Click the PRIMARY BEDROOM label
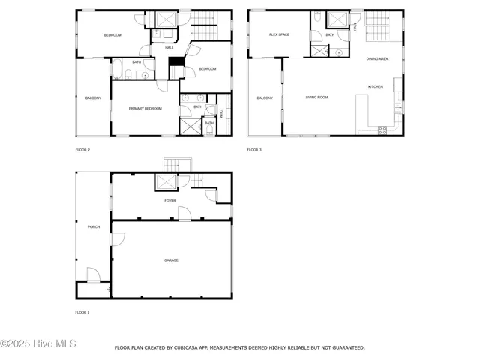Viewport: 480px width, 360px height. click(145, 109)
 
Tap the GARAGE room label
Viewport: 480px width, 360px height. click(171, 260)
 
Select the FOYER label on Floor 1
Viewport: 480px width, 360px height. click(170, 201)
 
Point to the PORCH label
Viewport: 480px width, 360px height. click(94, 226)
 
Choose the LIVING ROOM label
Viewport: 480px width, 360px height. click(316, 97)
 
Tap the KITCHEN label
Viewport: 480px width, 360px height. click(375, 86)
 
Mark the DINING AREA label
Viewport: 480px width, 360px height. click(377, 58)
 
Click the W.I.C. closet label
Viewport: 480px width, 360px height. click(221, 112)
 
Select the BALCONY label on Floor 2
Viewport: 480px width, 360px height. click(93, 98)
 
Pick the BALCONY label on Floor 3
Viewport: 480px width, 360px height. click(265, 98)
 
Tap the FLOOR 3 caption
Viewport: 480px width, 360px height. click(254, 150)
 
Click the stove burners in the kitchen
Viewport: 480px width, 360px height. click(382, 129)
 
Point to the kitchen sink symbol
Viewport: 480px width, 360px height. click(397, 109)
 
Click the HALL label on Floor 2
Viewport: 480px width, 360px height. click(169, 47)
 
